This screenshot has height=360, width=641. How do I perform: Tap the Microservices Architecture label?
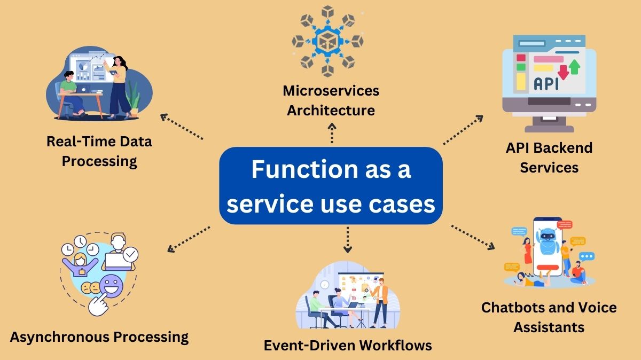(x=331, y=100)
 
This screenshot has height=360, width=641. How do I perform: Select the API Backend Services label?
(x=549, y=158)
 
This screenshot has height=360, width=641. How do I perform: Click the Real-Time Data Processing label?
(x=99, y=151)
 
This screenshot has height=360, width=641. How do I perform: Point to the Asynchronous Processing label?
(x=99, y=337)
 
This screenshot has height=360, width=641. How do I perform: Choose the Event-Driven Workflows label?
(x=348, y=345)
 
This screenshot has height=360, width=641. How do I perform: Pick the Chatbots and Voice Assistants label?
(x=549, y=317)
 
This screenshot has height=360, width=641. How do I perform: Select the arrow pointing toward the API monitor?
(x=463, y=130)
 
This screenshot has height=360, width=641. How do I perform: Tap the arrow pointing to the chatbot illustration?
(x=472, y=237)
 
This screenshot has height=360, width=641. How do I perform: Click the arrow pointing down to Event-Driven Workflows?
(x=348, y=239)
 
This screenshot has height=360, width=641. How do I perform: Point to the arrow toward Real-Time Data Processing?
(x=182, y=127)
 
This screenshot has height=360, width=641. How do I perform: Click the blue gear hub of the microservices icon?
(x=327, y=41)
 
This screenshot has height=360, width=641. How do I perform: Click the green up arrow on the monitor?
(x=574, y=67)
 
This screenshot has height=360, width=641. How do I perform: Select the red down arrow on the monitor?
(x=562, y=71)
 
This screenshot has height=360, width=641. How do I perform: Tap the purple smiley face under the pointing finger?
(x=111, y=281)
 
